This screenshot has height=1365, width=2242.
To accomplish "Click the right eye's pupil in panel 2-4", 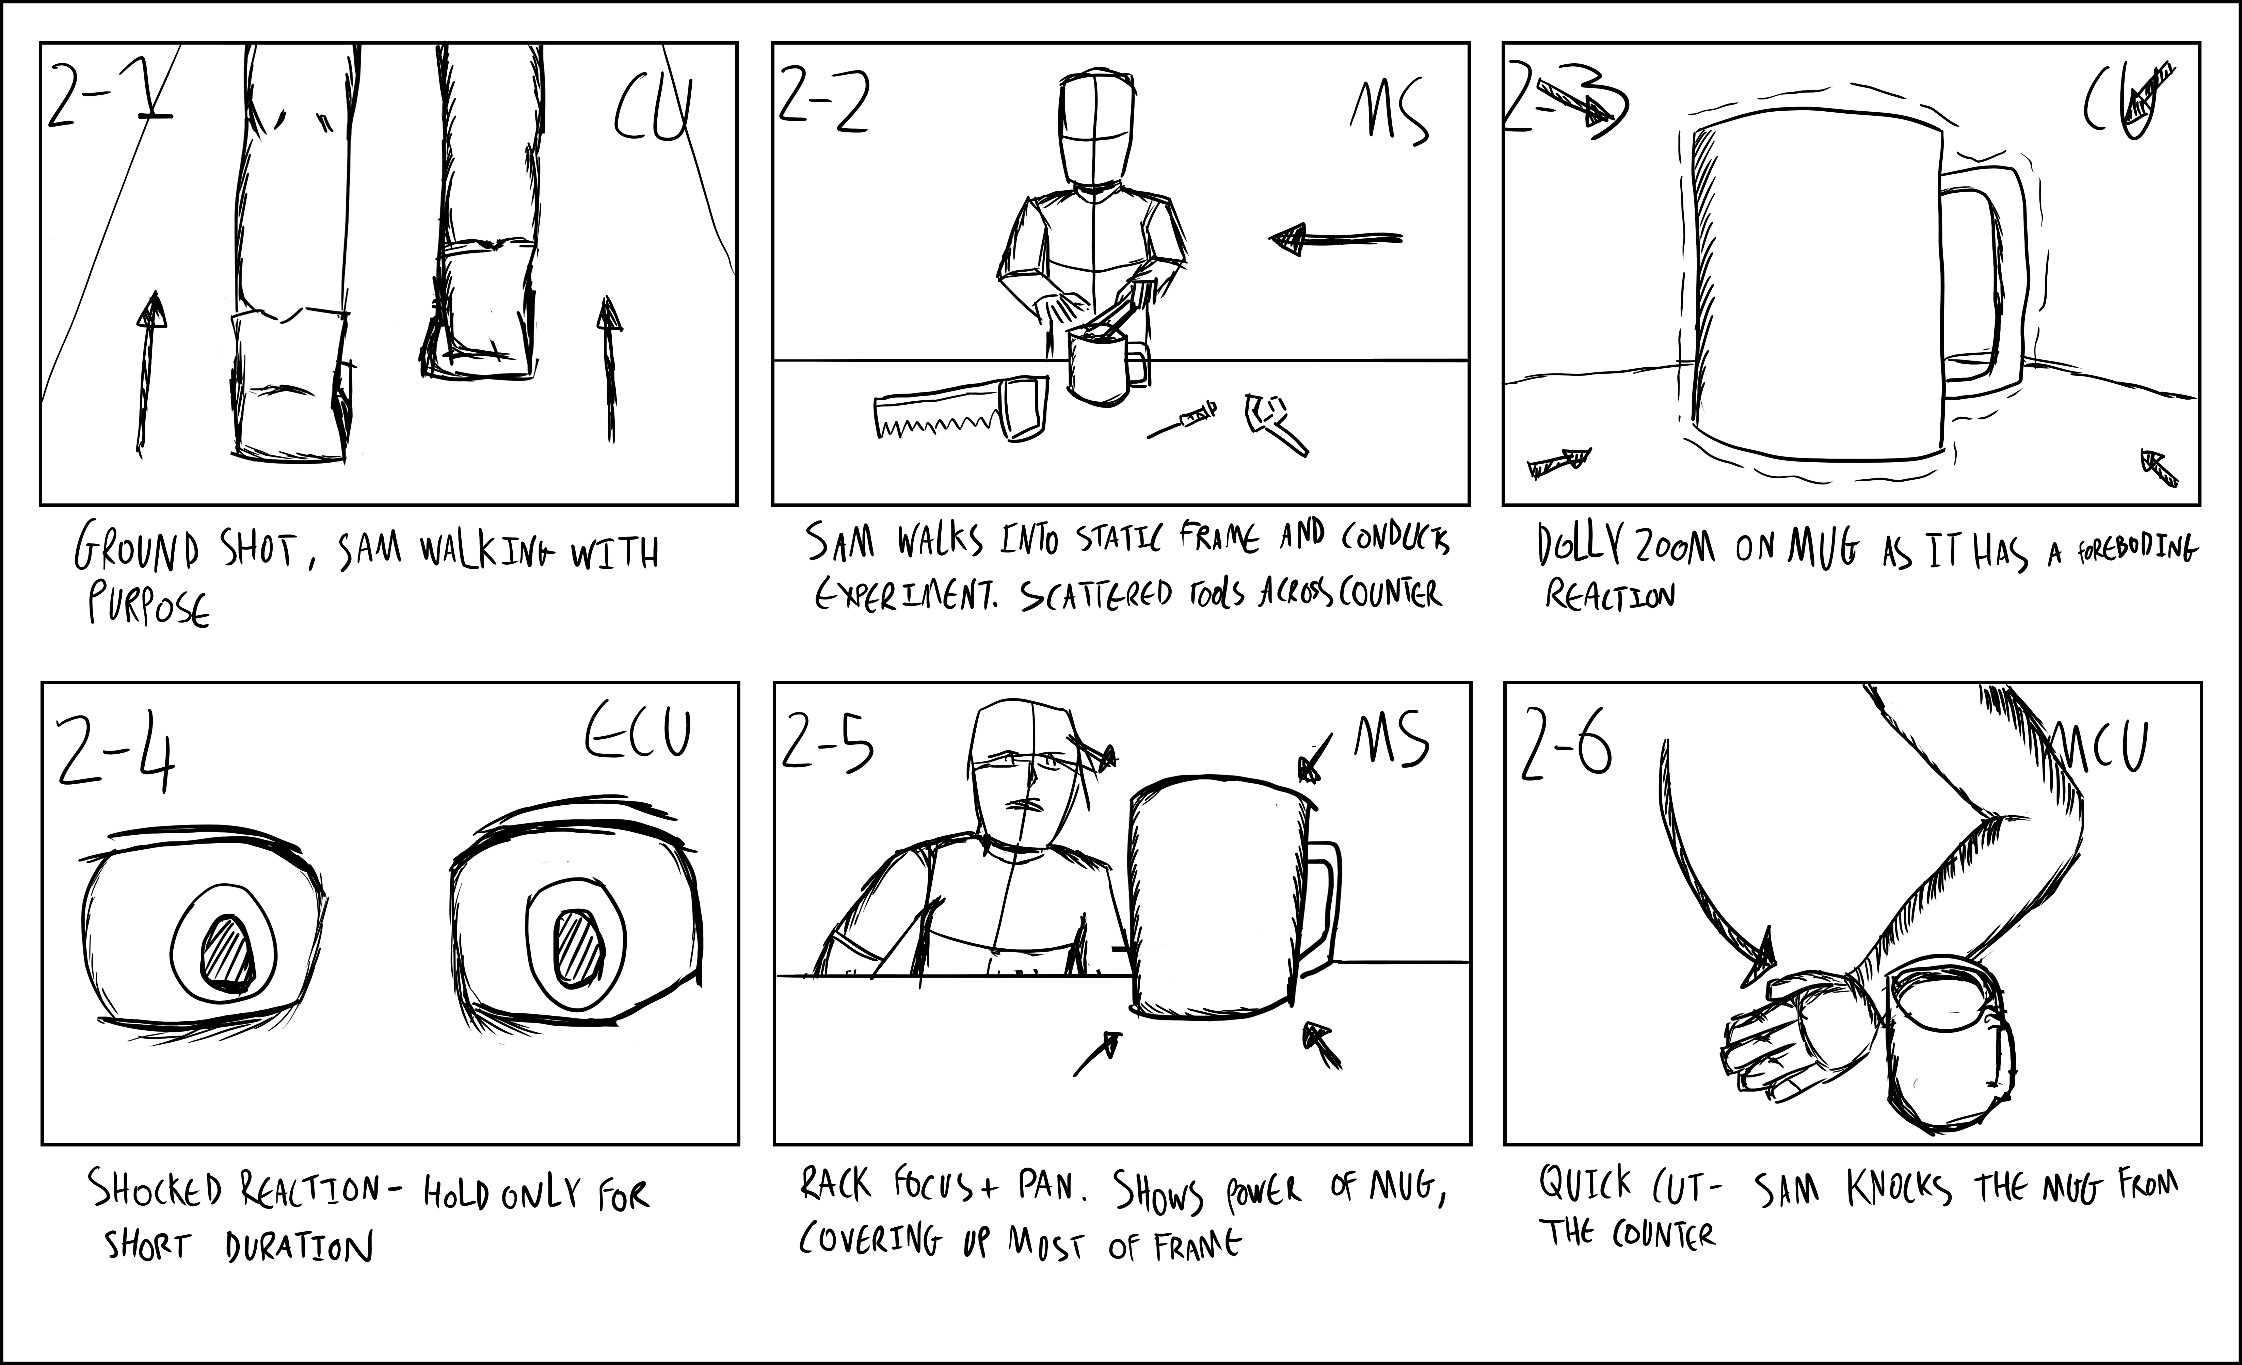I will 580,946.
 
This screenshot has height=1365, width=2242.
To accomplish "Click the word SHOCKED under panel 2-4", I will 155,1189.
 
